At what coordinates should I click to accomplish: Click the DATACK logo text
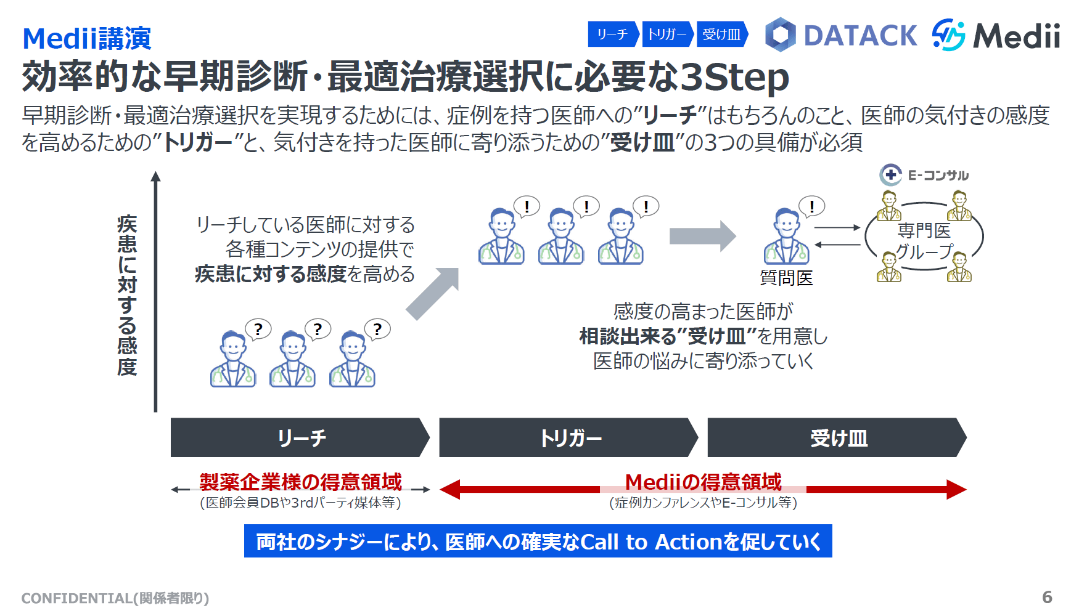point(860,35)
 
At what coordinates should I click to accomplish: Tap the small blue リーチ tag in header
point(612,34)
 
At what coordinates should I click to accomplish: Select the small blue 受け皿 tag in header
point(721,34)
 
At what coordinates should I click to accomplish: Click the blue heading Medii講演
point(87,39)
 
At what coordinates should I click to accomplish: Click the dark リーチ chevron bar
point(300,438)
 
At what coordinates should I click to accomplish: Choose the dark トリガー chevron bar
point(568,438)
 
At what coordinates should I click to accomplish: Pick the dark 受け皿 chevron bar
point(837,438)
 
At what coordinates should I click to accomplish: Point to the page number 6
point(1047,597)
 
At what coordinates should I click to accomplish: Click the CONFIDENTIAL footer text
point(115,598)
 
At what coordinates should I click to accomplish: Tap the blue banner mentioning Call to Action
point(538,541)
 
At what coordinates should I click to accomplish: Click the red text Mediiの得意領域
point(703,482)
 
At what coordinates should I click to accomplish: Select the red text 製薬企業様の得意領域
point(300,482)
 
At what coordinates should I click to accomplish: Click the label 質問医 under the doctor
point(786,278)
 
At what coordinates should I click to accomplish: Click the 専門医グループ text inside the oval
point(924,241)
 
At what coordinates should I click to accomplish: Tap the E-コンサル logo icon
point(890,175)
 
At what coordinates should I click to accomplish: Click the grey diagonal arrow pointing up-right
point(433,293)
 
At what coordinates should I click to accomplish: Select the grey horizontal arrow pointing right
point(702,236)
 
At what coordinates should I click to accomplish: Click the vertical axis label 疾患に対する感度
point(127,296)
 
